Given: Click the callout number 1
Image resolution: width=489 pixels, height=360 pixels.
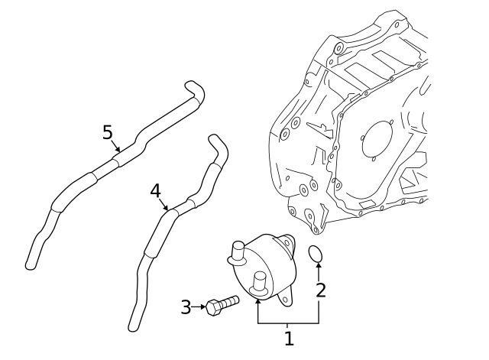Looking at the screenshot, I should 289,338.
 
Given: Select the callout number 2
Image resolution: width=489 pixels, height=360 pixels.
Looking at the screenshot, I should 320,290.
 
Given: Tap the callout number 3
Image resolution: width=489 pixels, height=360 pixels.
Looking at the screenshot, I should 186,307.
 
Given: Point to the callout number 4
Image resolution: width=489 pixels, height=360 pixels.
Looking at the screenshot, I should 155,190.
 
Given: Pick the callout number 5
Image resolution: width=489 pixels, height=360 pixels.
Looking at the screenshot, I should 108,132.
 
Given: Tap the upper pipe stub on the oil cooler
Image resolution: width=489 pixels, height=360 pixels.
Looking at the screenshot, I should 237,248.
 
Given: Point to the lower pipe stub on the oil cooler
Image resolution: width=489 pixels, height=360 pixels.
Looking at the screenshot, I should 258,285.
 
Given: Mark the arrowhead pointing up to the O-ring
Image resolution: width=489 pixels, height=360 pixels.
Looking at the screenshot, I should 319,265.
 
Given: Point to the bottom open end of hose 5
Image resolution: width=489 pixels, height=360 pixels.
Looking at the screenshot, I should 31,264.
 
